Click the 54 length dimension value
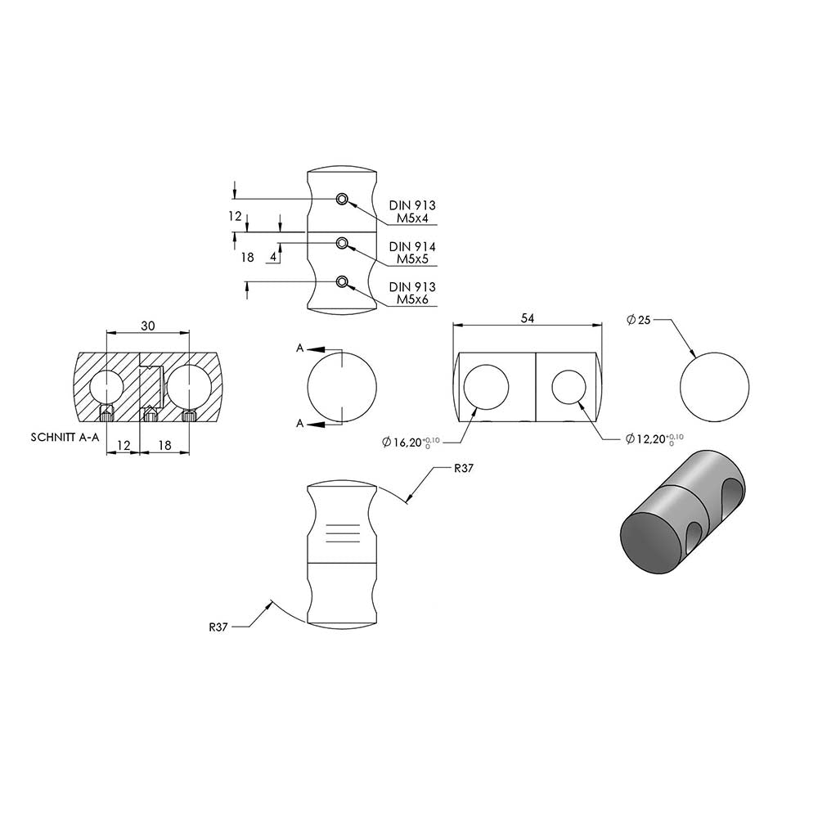point(528,318)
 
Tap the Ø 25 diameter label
point(639,319)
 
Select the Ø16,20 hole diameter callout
point(411,443)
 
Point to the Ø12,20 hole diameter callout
point(654,438)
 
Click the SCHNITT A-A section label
point(65,437)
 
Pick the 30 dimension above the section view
point(148,326)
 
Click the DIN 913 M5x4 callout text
point(412,212)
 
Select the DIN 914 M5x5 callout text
point(412,253)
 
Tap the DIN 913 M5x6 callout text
point(412,293)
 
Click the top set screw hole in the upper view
point(342,198)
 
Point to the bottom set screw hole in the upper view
point(342,282)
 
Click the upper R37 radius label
point(463,468)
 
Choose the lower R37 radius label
point(218,627)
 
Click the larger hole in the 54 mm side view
point(486,387)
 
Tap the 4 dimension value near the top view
point(273,257)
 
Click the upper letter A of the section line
point(299,348)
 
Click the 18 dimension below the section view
point(164,445)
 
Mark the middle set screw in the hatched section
point(151,414)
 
